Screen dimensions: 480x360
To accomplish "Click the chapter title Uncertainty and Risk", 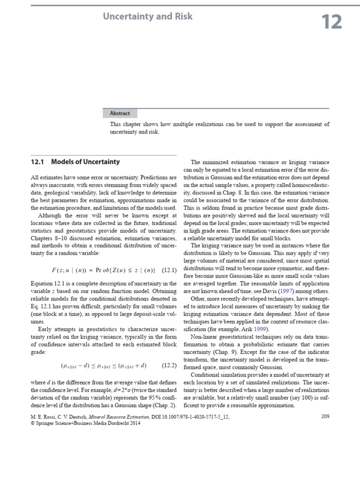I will click(x=148, y=16).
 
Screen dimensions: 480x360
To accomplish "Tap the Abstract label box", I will click(x=120, y=113).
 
